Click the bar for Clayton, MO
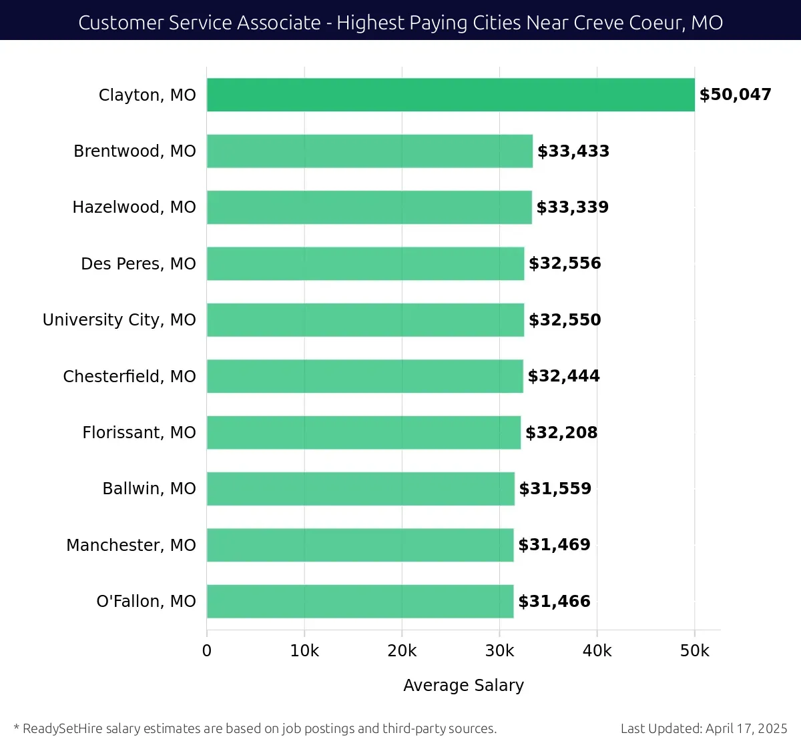pyautogui.click(x=451, y=95)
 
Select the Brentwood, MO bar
pyautogui.click(x=370, y=151)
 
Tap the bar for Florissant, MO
pyautogui.click(x=364, y=432)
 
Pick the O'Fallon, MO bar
pyautogui.click(x=360, y=601)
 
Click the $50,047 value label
pyautogui.click(x=735, y=95)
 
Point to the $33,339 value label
pyautogui.click(x=572, y=207)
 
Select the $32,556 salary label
pyautogui.click(x=565, y=263)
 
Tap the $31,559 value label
pyautogui.click(x=555, y=489)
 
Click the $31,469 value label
pyautogui.click(x=554, y=545)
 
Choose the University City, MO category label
pyautogui.click(x=119, y=320)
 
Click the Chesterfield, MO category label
pyautogui.click(x=129, y=376)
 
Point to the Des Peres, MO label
pyautogui.click(x=138, y=263)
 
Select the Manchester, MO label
pyautogui.click(x=131, y=545)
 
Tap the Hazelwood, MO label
pyautogui.click(x=134, y=207)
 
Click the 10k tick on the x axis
pyautogui.click(x=304, y=651)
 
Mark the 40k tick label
pyautogui.click(x=597, y=651)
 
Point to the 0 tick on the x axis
pyautogui.click(x=207, y=651)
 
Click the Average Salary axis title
pyautogui.click(x=463, y=685)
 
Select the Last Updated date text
pyautogui.click(x=704, y=728)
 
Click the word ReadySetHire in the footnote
pyautogui.click(x=63, y=728)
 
